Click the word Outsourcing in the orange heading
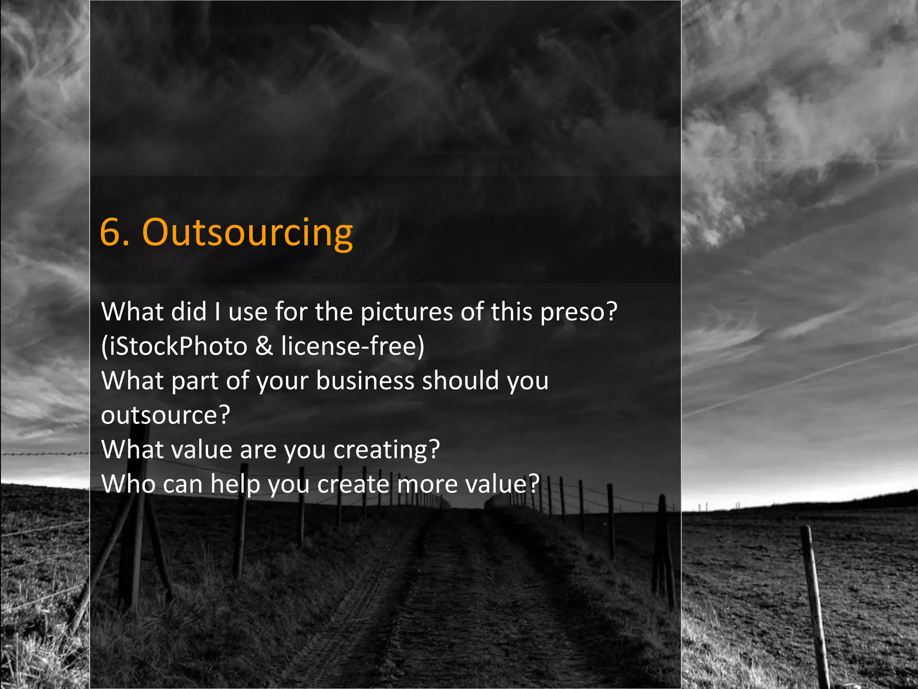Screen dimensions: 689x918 click(247, 233)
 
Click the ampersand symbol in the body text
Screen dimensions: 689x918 click(264, 346)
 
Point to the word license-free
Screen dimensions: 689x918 click(350, 346)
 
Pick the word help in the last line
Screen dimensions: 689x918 click(235, 484)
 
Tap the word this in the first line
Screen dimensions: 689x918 click(512, 312)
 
